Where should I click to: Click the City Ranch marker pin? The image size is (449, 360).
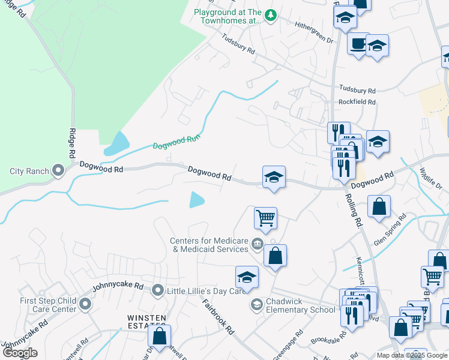click(58, 171)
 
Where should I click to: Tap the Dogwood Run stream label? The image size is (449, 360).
click(175, 142)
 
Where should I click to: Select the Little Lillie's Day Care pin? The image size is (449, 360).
click(158, 290)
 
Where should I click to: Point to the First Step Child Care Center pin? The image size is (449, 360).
click(85, 305)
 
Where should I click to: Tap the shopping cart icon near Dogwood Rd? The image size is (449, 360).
click(265, 218)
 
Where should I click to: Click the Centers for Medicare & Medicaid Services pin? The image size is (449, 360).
click(257, 244)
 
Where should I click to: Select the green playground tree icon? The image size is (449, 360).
click(271, 15)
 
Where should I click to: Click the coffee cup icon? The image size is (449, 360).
click(358, 44)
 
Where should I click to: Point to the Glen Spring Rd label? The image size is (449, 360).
click(390, 229)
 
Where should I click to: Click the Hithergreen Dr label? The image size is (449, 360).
click(313, 32)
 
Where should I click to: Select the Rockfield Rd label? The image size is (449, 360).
click(357, 103)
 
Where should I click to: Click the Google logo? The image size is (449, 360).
click(20, 353)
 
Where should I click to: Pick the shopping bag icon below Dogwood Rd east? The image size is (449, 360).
click(379, 207)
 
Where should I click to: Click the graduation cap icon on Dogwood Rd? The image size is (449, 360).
click(274, 177)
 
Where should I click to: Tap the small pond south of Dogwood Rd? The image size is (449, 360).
click(196, 199)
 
